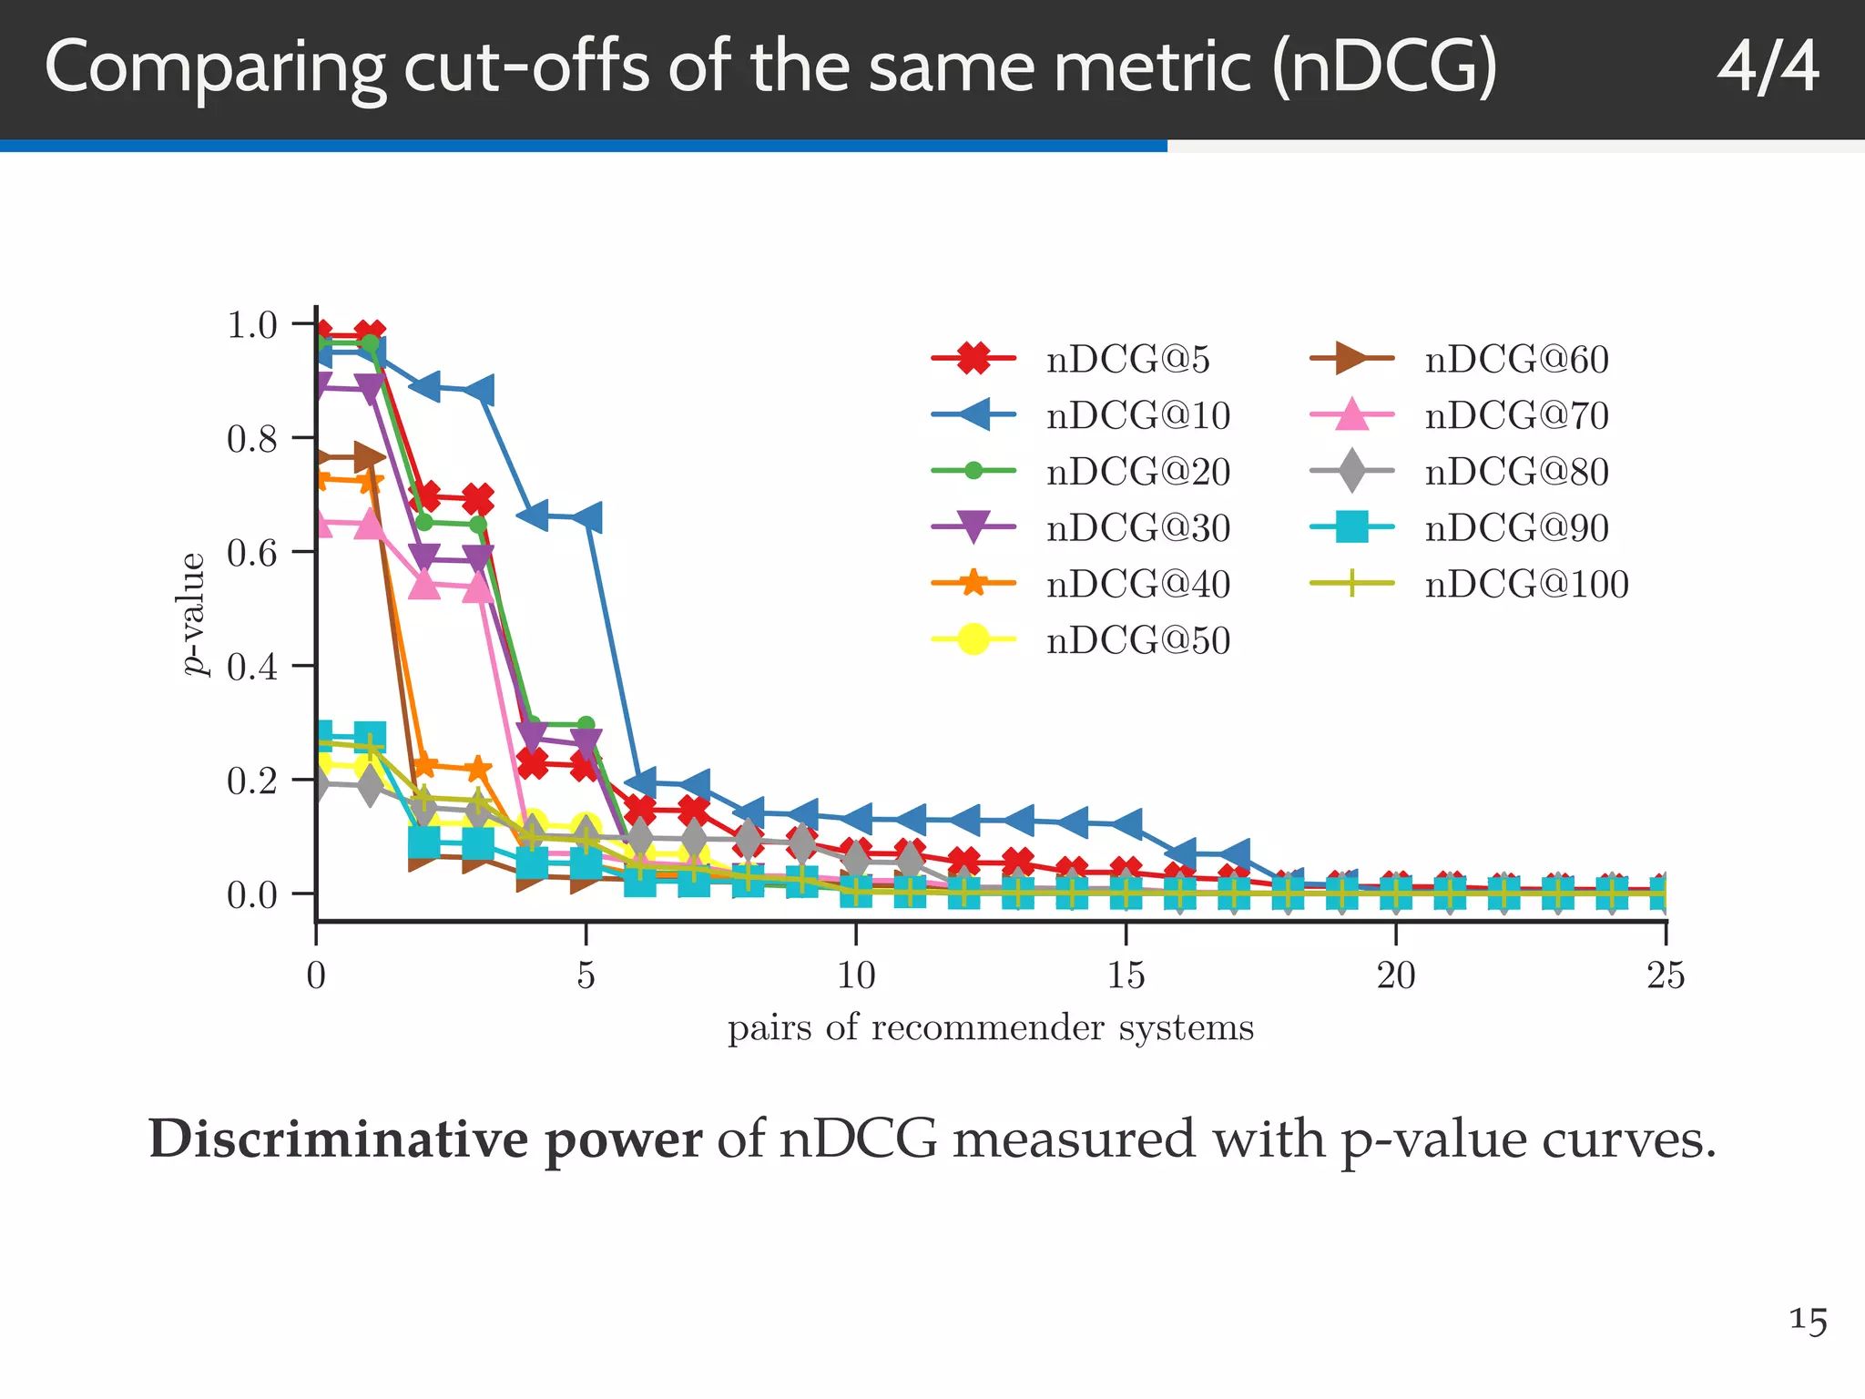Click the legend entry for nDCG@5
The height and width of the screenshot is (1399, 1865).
[1127, 360]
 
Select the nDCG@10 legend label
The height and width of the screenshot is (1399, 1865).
[1137, 416]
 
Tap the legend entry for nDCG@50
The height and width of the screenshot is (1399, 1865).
[1137, 640]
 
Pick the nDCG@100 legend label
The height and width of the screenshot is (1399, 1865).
[1526, 584]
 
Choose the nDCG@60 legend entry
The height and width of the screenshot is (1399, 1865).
[1516, 360]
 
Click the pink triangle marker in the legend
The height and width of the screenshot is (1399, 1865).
[1352, 415]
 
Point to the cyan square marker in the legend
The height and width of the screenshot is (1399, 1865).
[1352, 527]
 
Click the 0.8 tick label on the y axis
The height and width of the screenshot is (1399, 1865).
[252, 439]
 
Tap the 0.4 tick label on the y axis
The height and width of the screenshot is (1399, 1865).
[252, 667]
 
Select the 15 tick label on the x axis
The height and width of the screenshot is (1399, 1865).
[1126, 975]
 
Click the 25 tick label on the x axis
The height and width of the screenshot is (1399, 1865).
[1666, 975]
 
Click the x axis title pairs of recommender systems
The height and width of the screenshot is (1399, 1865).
[991, 1028]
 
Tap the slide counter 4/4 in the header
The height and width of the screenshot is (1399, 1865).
[1768, 68]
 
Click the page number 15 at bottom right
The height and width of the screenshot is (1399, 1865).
[1808, 1320]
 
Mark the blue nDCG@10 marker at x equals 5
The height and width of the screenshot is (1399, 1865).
[587, 517]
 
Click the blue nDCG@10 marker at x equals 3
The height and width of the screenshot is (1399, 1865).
[479, 391]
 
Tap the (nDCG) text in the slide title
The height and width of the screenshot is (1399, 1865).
[1384, 68]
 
